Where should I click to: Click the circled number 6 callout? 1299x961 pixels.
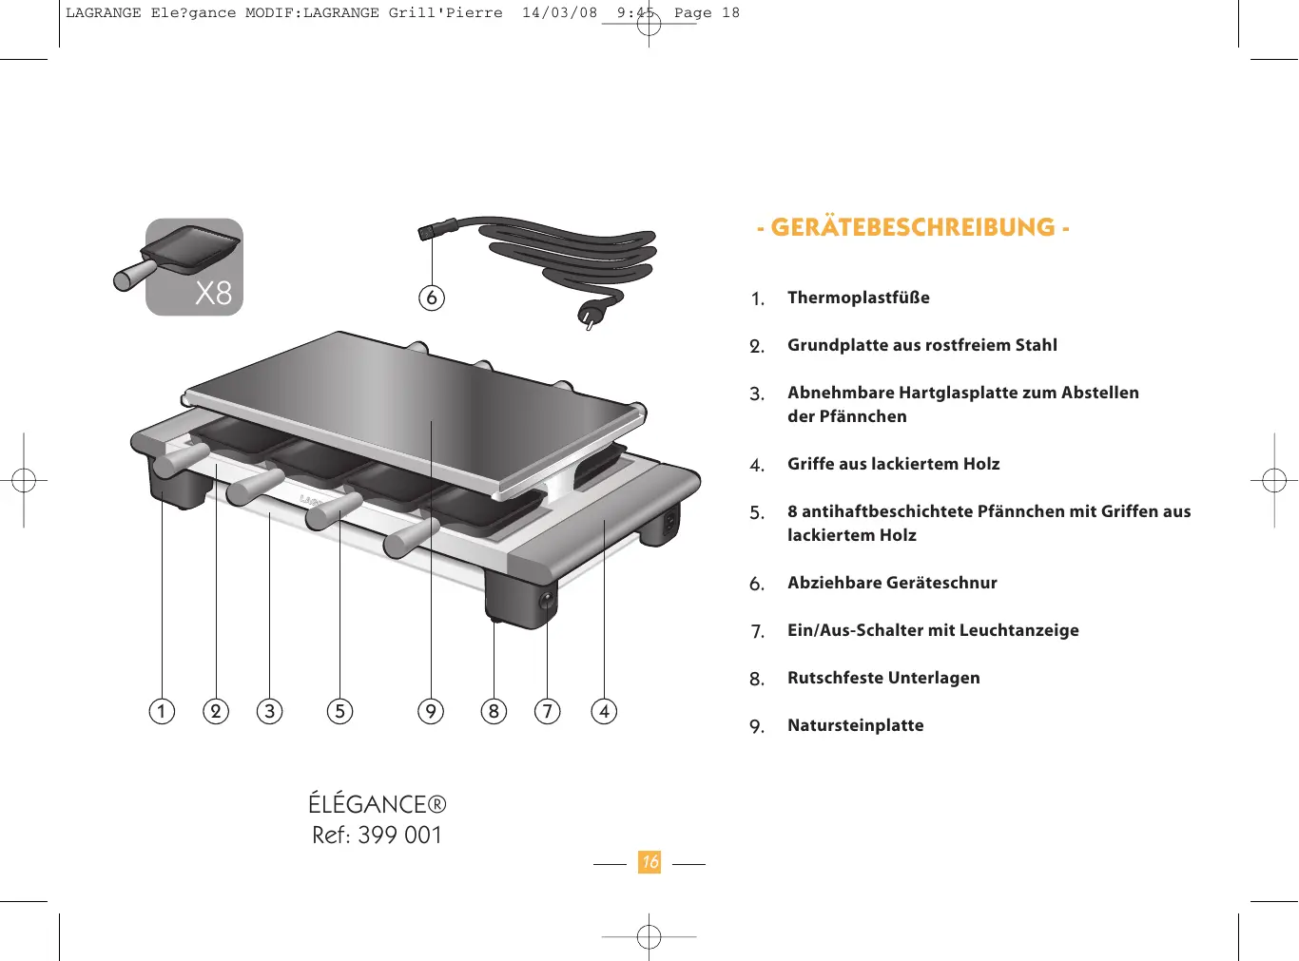point(432,298)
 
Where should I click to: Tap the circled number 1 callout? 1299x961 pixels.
point(162,711)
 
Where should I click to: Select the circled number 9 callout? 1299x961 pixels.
point(431,711)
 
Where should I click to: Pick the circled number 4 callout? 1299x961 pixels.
point(604,711)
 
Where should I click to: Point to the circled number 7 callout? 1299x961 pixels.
point(548,711)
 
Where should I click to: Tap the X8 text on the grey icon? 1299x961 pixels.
point(213,293)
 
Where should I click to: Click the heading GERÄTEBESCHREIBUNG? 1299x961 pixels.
point(913,228)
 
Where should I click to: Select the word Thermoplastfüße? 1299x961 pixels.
point(858,298)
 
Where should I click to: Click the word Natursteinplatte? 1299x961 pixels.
point(855,725)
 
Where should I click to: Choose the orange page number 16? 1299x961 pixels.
point(649,862)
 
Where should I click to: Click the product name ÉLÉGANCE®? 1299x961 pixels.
point(377,804)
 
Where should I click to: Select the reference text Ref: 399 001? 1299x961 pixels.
point(377,836)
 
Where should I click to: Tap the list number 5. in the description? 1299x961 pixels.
point(757,513)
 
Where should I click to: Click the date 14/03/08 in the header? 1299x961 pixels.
point(559,13)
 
